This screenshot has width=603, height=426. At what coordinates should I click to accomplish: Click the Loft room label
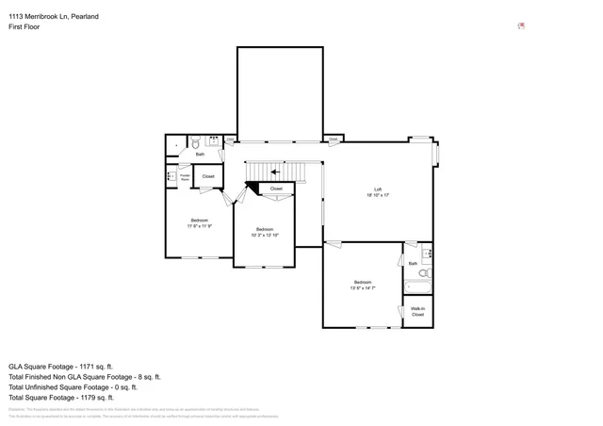tap(378, 189)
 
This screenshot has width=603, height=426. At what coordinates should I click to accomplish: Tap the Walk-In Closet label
tap(417, 311)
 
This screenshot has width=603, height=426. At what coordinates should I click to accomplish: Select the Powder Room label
tap(186, 175)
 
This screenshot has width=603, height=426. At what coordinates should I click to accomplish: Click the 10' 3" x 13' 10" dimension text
tap(265, 235)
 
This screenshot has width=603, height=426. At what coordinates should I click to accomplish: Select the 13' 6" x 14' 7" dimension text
tap(363, 287)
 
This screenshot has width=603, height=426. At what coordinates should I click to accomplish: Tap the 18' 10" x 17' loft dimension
tap(378, 195)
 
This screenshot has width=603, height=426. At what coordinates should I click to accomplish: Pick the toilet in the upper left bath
tap(195, 144)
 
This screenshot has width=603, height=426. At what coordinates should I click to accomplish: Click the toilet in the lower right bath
tap(425, 273)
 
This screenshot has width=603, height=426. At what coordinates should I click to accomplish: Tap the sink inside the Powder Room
tap(171, 176)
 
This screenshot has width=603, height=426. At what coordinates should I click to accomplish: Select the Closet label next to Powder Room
tap(208, 176)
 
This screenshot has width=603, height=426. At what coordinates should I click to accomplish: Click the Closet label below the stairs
tap(276, 188)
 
